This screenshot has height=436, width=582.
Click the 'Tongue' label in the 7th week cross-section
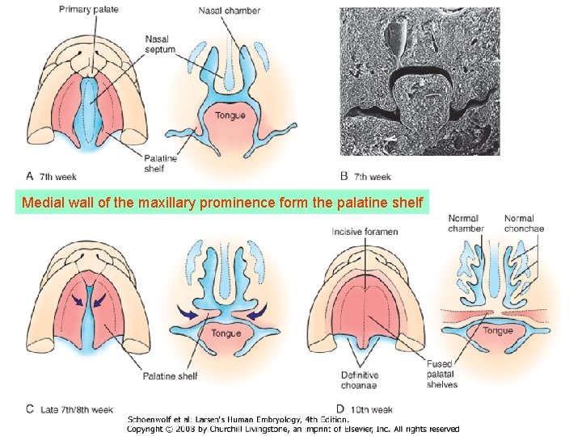point(230,115)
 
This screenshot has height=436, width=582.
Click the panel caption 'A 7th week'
point(52,176)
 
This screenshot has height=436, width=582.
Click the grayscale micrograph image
point(420,81)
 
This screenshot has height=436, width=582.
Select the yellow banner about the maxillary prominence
point(222,202)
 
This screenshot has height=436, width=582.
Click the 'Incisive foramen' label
point(365,232)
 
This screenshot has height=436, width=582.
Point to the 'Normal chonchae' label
point(524,223)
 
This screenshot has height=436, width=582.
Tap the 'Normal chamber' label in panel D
point(466,223)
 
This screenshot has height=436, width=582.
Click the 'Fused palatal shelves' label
point(442,374)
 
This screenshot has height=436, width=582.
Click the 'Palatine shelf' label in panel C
point(170,376)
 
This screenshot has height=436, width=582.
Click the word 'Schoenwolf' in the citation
point(151,419)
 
